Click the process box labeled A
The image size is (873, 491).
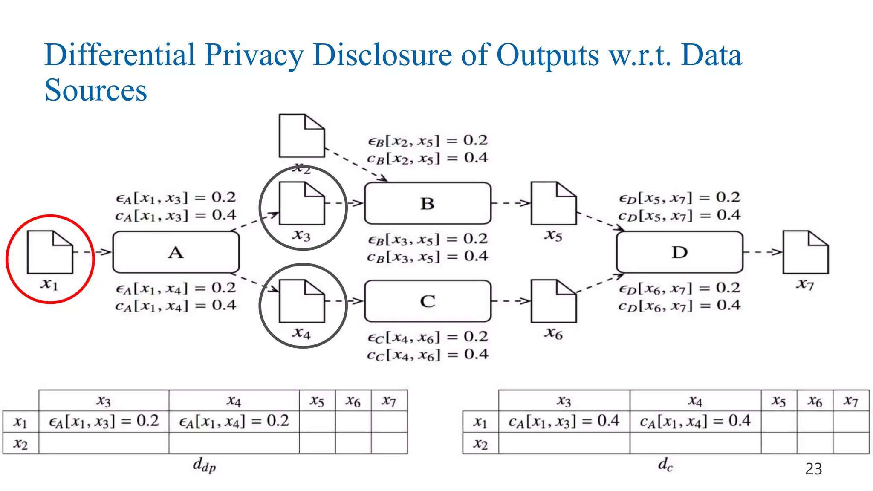176,252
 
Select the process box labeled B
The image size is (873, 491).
428,203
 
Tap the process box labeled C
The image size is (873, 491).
428,301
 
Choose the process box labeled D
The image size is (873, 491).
679,252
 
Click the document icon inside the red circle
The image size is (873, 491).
49,252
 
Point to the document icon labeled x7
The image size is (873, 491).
805,252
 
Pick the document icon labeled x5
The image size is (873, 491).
553,203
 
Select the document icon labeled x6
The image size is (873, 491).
553,301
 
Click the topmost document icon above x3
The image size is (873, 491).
301,136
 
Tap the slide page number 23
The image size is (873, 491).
813,469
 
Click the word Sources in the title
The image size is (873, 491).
96,90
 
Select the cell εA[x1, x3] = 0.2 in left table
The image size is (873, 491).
104,422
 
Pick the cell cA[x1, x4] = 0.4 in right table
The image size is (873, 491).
695,422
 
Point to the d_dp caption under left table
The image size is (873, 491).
204,465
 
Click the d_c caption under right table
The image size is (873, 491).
665,465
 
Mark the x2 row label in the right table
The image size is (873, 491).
480,443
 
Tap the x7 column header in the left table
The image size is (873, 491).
389,401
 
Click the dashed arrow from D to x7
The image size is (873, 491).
763,252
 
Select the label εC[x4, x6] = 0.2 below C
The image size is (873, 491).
428,337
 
